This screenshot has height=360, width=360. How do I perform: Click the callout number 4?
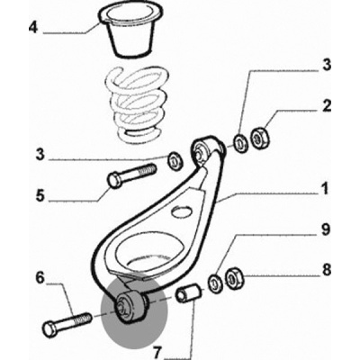tap(33, 29)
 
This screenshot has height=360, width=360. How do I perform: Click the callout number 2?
tap(326, 106)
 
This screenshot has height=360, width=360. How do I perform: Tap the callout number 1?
tap(324, 191)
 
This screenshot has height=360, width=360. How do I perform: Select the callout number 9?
tap(326, 231)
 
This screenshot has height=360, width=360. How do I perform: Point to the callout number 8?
tap(326, 270)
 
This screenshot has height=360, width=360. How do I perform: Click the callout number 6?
tap(40, 277)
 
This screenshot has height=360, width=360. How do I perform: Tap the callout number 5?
tap(40, 195)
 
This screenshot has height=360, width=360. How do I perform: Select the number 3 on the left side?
tap(40, 155)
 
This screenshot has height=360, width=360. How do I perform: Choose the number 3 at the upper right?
tap(326, 66)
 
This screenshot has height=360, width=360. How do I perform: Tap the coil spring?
tap(132, 104)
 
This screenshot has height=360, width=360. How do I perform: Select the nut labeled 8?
tap(235, 277)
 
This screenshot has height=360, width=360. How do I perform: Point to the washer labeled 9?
tap(215, 283)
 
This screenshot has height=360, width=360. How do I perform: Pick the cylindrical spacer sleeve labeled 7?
tap(188, 293)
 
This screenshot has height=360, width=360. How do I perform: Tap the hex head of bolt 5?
tap(115, 180)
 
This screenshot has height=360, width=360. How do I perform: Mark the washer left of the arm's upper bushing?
tap(175, 161)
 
